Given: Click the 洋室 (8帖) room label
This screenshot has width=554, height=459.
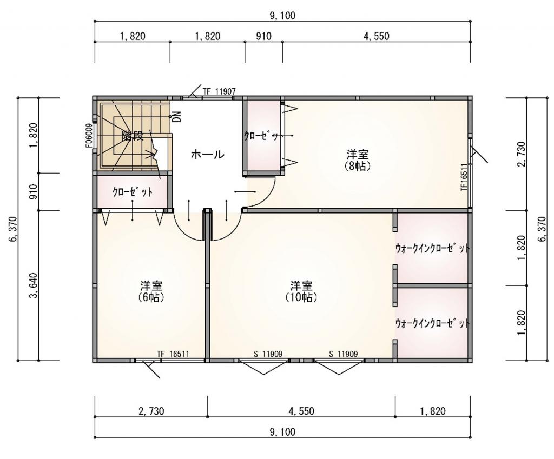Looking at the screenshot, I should tap(357, 160).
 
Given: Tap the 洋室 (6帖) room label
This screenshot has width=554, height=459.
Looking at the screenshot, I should tap(152, 291).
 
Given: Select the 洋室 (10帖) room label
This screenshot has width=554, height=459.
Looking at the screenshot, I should tap(301, 291).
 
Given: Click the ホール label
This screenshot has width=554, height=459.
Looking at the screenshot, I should tap(207, 155).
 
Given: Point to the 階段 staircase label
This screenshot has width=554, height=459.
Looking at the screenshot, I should tap(132, 136).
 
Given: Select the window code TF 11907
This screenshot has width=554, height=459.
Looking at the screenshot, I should tap(219, 92).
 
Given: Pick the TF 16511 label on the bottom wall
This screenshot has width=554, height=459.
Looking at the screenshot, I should tap(173, 354).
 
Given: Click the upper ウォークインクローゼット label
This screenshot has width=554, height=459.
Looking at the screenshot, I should tap(432, 248).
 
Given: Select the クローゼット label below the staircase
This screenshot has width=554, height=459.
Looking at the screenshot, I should tap(133, 191).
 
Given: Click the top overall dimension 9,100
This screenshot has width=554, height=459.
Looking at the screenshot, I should tap(282, 16).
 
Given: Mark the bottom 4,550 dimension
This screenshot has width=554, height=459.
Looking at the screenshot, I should tap(301, 411).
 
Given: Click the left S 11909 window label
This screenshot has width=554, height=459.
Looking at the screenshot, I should tap(268, 354).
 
